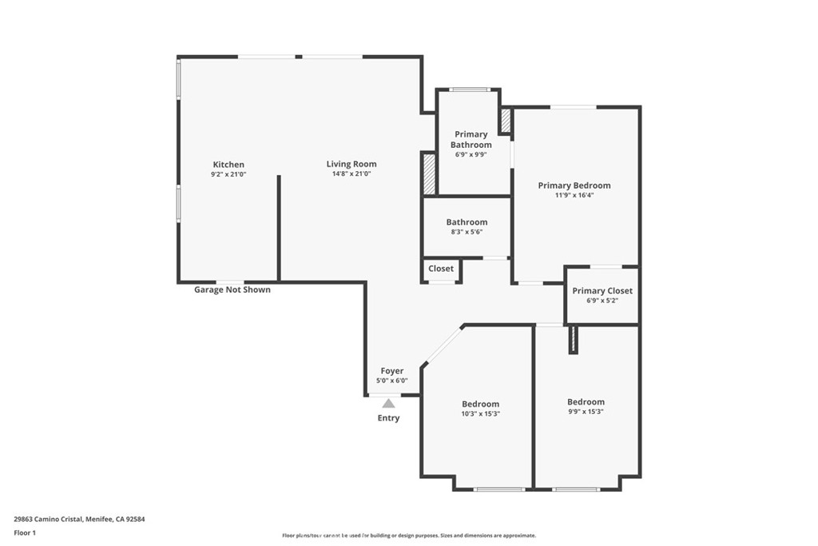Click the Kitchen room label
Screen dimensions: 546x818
point(228,165)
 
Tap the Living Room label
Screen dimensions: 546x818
point(351,165)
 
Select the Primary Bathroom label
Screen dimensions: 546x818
point(471,140)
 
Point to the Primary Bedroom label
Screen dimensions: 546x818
point(574,185)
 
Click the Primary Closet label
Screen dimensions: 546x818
point(602,291)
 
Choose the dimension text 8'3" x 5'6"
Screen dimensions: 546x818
point(467,232)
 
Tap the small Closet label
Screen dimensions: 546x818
point(441,269)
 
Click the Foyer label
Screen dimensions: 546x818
point(392,371)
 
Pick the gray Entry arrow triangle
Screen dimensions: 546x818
point(388,404)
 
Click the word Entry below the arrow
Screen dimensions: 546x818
point(389,418)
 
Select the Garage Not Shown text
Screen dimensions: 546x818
point(232,289)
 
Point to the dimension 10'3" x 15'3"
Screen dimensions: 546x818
point(481,413)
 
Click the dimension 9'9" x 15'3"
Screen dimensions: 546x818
point(586,411)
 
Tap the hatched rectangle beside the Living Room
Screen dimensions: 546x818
point(429,174)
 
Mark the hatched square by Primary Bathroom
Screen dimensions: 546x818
point(506,120)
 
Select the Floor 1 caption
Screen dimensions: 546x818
point(25,532)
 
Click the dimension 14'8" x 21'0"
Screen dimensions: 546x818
point(351,173)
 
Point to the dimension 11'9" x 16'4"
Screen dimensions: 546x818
point(574,194)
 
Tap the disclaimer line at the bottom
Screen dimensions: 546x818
point(408,536)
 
